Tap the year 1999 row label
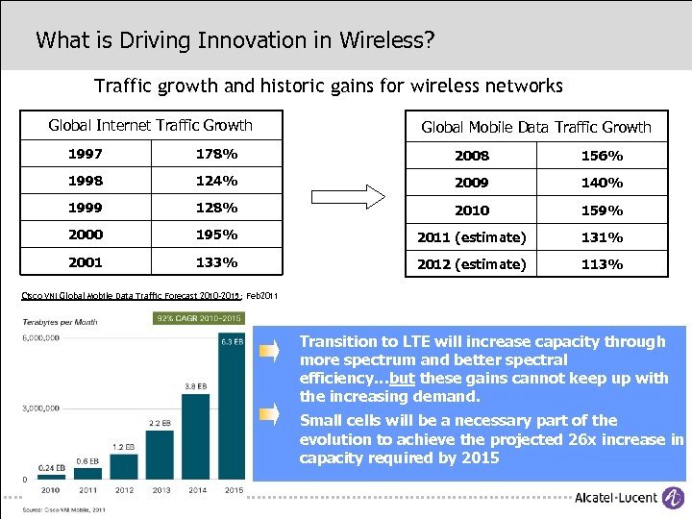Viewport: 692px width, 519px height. [86, 208]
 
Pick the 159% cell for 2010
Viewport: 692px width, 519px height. [603, 210]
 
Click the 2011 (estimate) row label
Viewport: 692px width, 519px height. [471, 236]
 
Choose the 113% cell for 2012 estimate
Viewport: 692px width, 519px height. [603, 264]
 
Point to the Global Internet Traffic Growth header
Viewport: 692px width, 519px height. [150, 125]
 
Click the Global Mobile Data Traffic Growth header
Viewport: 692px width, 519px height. [535, 127]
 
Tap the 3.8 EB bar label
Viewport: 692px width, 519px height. [196, 385]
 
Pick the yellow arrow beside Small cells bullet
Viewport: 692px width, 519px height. [271, 414]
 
